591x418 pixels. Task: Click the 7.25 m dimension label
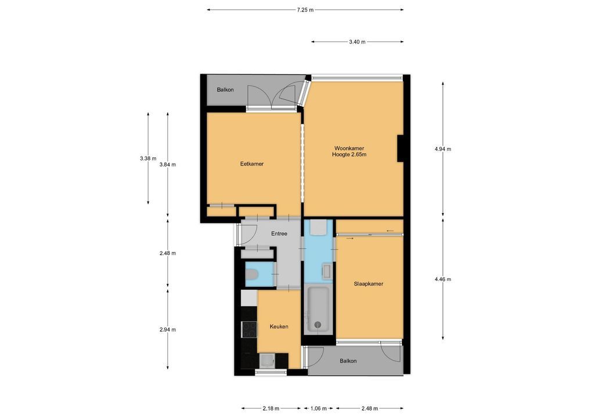(x=305, y=10)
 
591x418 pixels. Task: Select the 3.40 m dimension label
(x=357, y=42)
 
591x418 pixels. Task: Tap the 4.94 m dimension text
(x=442, y=149)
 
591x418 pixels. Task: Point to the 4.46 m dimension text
(x=442, y=279)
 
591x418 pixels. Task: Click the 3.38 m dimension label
(x=147, y=158)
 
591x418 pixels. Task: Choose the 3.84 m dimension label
(x=167, y=164)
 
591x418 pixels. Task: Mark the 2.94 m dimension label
(x=167, y=329)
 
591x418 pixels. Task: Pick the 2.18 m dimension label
(x=271, y=408)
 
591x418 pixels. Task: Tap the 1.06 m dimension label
(x=318, y=408)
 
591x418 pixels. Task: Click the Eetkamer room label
(x=252, y=164)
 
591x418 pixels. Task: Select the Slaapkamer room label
(x=368, y=284)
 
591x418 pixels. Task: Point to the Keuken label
(x=279, y=326)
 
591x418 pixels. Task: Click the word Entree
(x=279, y=234)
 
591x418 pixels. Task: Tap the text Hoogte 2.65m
(x=349, y=154)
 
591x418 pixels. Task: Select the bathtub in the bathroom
(x=318, y=310)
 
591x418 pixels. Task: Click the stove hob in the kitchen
(x=249, y=329)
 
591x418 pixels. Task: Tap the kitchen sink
(x=267, y=361)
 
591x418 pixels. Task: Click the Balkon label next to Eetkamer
(x=225, y=90)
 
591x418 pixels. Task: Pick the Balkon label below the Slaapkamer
(x=348, y=361)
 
